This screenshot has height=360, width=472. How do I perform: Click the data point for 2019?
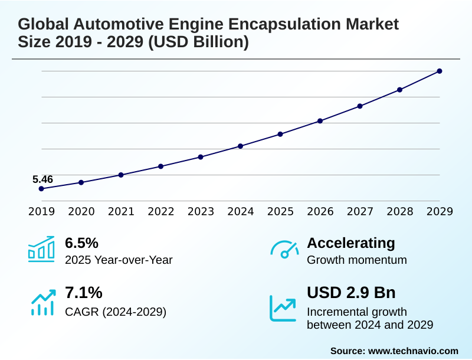coord(41,189)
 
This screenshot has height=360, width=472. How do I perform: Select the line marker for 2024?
coord(241,146)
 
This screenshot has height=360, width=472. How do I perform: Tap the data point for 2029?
coord(440,71)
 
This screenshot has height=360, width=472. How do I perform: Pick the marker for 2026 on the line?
coord(320,121)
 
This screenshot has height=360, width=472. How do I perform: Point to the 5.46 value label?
coord(42,179)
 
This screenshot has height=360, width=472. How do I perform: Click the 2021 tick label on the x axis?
coord(121,211)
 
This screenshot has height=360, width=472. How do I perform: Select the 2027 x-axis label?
coord(360,211)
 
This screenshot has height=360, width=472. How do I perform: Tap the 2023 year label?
coord(201,211)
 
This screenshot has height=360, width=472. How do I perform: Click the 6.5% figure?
coord(81,243)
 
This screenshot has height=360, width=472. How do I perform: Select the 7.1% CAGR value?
coord(83,293)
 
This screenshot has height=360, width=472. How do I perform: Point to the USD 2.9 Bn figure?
coord(351,293)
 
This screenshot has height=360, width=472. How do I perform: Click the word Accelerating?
coord(351,243)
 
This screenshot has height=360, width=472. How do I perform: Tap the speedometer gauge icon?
coord(284,249)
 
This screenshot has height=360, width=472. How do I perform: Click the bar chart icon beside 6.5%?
coord(41,249)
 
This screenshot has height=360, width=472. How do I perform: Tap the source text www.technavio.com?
coord(413,351)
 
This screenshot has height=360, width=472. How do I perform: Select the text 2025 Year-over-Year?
coord(119,260)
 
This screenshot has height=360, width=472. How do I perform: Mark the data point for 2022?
coord(160,166)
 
